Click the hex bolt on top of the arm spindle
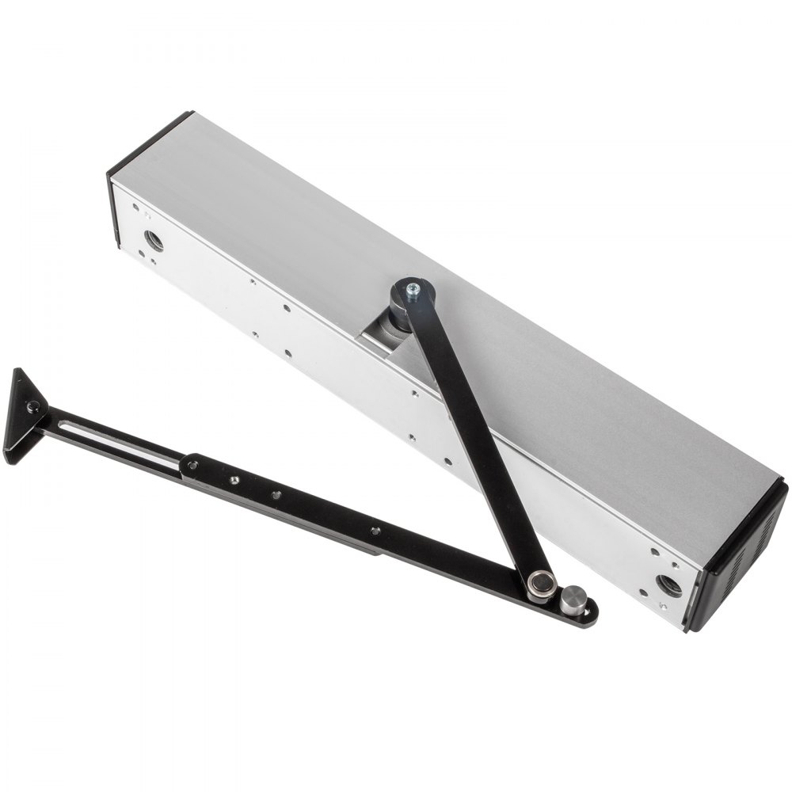[x=412, y=292]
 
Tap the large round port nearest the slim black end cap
[x=154, y=240]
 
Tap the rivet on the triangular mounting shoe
[x=32, y=407]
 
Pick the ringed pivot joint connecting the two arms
[x=543, y=584]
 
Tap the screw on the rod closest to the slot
[x=192, y=466]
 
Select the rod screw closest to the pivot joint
[x=375, y=531]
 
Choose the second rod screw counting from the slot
[x=234, y=480]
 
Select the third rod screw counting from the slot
[x=276, y=495]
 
